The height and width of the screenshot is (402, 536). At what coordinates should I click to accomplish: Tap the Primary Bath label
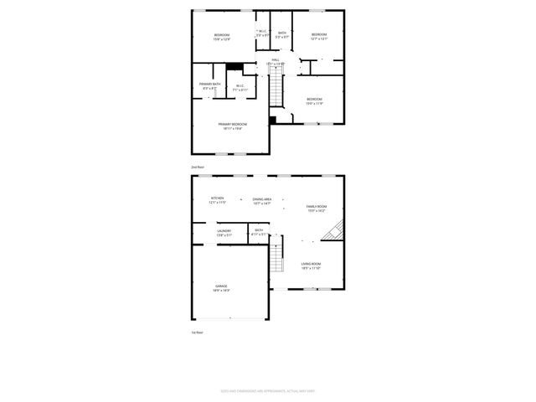pos(210,85)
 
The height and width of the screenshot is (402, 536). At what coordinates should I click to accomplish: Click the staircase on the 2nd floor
pos(276,89)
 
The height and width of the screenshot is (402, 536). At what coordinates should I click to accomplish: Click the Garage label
pos(221,287)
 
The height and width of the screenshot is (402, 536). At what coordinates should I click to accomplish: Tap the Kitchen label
pos(217,200)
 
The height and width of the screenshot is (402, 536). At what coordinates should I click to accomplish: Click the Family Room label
pos(316,208)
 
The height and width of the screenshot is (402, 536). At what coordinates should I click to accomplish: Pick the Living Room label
pos(312,265)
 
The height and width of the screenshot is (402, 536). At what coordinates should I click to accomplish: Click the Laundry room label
pos(224,232)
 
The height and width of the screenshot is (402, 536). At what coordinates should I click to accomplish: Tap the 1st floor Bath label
pos(259,231)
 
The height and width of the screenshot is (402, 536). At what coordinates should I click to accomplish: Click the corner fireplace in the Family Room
pos(336,230)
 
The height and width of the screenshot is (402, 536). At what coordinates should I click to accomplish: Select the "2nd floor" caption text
pos(198,168)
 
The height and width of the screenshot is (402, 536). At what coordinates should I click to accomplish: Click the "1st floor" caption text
pos(198,332)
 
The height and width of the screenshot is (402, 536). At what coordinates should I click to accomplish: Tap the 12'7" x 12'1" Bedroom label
pos(319,37)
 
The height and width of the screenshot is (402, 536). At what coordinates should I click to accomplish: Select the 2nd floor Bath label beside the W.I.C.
pos(282,35)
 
